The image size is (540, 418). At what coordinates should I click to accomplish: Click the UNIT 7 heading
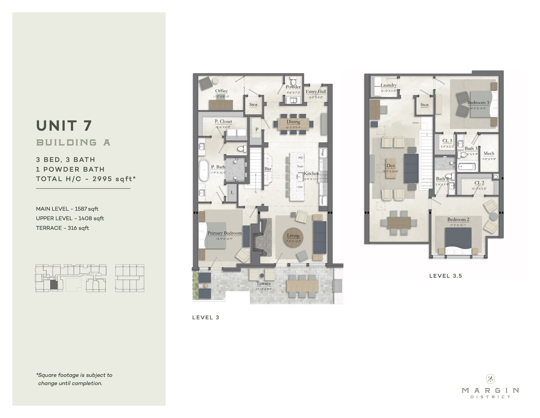click(64, 125)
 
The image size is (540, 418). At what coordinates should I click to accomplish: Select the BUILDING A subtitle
click(73, 143)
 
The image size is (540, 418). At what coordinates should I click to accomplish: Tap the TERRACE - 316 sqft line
click(62, 228)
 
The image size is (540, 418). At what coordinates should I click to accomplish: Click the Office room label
click(221, 91)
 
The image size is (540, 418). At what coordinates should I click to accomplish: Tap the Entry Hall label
click(316, 92)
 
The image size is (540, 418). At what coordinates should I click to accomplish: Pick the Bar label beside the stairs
click(268, 169)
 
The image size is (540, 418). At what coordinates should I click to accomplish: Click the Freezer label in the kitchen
click(322, 201)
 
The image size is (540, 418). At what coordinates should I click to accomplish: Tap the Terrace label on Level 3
click(263, 283)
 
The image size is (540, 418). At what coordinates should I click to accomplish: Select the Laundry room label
click(388, 85)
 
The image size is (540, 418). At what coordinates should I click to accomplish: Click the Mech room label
click(489, 153)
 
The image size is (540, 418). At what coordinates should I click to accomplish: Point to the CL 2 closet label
click(479, 183)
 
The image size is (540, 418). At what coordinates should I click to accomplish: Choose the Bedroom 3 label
click(478, 102)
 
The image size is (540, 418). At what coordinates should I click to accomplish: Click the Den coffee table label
click(390, 166)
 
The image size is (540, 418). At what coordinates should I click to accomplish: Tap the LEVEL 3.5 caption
click(446, 276)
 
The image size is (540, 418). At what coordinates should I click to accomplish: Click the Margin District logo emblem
click(490, 379)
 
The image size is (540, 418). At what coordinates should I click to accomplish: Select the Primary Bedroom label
click(224, 233)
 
